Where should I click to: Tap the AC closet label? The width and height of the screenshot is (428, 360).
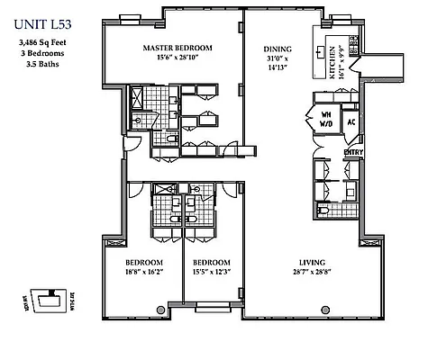tap(352, 121)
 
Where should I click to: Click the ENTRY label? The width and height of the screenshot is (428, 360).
tap(352, 152)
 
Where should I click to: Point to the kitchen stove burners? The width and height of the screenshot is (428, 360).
tap(354, 50)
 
